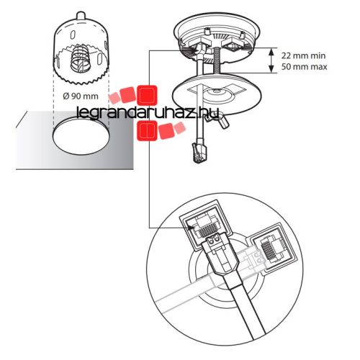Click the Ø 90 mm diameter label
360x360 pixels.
pyautogui.click(x=81, y=96)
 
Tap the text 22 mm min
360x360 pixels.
pyautogui.click(x=304, y=55)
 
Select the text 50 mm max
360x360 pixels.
pyautogui.click(x=304, y=66)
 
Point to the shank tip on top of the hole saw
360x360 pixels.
pyautogui.click(x=81, y=16)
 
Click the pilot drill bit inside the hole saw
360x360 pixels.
pyautogui.click(x=81, y=58)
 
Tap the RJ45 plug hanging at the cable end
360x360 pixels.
pyautogui.click(x=198, y=153)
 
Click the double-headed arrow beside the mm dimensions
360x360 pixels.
pyautogui.click(x=271, y=60)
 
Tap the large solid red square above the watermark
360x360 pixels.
pyautogui.click(x=147, y=95)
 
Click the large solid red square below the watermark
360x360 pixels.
pyautogui.click(x=147, y=130)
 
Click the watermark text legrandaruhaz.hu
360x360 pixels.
pyautogui.click(x=147, y=113)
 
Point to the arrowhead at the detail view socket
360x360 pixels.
pyautogui.click(x=192, y=228)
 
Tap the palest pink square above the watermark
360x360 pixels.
pyautogui.click(x=114, y=99)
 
